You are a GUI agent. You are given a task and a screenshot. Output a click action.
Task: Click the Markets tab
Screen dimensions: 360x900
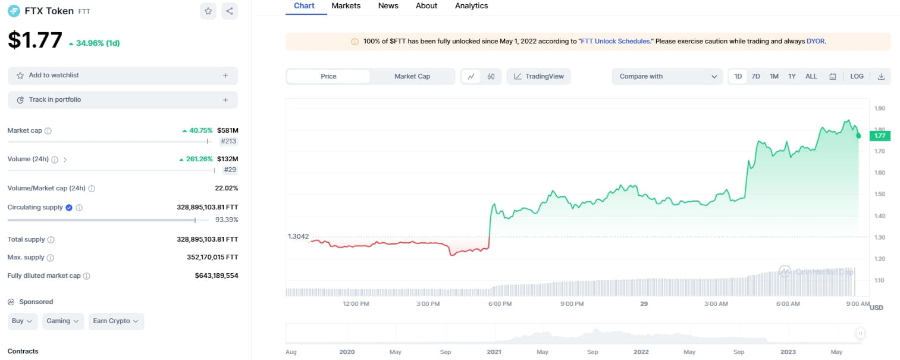tap(346, 6)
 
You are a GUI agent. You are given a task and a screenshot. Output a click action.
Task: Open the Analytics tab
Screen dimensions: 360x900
tap(471, 6)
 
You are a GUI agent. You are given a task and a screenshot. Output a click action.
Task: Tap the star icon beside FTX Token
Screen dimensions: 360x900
tap(208, 11)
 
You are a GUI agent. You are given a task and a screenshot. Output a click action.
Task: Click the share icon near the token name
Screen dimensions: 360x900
tap(230, 11)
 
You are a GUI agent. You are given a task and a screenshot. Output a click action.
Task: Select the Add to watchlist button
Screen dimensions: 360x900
tap(123, 76)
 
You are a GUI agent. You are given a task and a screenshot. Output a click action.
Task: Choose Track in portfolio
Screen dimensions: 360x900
tap(123, 100)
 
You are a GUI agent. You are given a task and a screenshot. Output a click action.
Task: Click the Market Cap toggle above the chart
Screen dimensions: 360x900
tap(412, 76)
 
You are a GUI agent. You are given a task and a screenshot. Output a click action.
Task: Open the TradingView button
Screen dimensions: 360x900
tap(538, 76)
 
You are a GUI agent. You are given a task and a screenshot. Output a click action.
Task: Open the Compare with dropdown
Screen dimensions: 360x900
tap(667, 76)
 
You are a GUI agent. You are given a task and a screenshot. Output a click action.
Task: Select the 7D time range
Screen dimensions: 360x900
tap(755, 76)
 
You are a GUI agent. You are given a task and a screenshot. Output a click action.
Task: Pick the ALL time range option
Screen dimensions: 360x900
tap(811, 76)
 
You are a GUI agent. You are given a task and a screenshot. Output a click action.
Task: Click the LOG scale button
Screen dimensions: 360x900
tap(857, 76)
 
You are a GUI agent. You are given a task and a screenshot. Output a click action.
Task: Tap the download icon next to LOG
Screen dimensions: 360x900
tap(881, 76)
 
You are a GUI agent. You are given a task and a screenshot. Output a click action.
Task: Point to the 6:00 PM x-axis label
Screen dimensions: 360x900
tap(500, 304)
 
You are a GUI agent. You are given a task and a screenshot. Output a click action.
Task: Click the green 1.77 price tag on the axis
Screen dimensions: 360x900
tap(879, 136)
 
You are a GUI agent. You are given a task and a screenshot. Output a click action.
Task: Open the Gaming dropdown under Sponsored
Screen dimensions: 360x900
tap(63, 321)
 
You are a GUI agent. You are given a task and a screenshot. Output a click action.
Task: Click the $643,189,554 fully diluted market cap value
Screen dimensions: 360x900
tap(217, 276)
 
